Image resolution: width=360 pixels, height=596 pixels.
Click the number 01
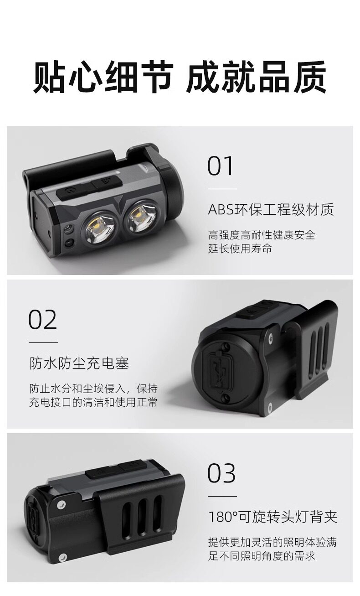point(220,166)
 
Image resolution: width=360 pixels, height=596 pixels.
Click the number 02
point(42,319)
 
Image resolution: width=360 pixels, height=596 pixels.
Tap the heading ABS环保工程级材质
point(271,210)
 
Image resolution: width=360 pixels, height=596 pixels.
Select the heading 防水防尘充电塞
point(79,363)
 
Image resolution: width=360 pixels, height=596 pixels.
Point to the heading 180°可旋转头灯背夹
point(273,517)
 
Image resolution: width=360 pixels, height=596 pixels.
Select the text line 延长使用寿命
point(240,248)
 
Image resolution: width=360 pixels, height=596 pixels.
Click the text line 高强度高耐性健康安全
point(262,235)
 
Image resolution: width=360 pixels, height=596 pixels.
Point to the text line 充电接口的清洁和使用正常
point(93,402)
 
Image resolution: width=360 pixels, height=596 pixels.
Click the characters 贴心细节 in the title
point(103,77)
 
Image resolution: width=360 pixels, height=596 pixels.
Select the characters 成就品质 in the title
point(257,77)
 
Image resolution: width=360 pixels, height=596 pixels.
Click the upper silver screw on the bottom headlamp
point(62,504)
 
